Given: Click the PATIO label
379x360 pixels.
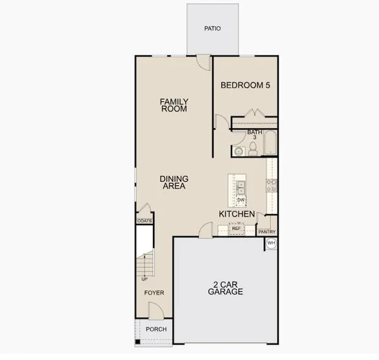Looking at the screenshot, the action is (x=212, y=28).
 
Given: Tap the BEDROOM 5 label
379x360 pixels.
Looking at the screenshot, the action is (x=245, y=85).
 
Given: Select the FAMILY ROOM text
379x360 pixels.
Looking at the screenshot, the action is (x=174, y=105).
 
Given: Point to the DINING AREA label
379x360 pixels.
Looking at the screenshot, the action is (x=174, y=182).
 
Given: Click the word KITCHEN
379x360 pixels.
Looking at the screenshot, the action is (x=237, y=214).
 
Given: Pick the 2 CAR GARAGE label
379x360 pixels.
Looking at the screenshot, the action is (x=225, y=288).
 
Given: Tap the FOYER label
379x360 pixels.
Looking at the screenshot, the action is (x=154, y=293).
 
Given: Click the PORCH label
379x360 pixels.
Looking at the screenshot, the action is (x=156, y=329).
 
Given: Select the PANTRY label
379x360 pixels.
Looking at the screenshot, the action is (x=267, y=232).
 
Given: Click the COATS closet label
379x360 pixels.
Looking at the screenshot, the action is (x=145, y=221).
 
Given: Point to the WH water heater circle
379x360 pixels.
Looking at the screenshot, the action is (x=272, y=243).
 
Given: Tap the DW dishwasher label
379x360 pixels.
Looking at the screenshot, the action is (x=241, y=200).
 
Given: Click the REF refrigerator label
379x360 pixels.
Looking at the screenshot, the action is (x=236, y=228).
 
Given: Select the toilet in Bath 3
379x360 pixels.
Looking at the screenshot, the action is (x=253, y=149).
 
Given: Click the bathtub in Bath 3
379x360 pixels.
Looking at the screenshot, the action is (x=269, y=142).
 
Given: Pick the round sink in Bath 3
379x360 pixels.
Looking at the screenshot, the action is (x=239, y=151).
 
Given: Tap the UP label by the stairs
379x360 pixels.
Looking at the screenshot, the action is (x=145, y=279).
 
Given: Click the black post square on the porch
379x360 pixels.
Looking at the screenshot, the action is (x=138, y=341).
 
